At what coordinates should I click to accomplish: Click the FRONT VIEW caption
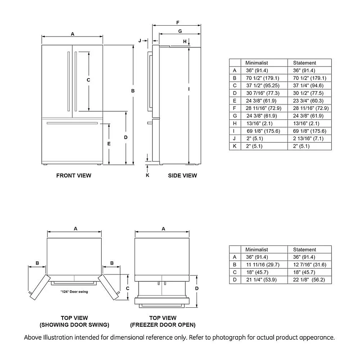(73, 175)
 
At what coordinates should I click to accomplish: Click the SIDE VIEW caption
(182, 175)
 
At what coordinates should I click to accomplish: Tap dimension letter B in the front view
(133, 91)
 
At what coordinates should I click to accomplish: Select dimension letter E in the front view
(109, 144)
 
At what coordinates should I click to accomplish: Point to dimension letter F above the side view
(178, 22)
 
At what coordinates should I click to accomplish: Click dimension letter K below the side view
(147, 175)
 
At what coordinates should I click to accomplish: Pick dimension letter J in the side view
(140, 40)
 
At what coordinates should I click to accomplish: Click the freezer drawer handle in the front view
(72, 123)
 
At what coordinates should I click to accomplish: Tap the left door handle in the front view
(68, 81)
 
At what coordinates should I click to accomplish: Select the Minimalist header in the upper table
(256, 63)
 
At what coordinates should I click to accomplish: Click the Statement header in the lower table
(305, 249)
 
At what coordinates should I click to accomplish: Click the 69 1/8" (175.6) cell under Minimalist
(262, 131)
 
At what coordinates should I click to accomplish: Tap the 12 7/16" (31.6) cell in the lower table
(310, 265)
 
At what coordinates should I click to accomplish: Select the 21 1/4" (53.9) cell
(261, 280)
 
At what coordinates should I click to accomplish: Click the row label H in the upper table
(234, 123)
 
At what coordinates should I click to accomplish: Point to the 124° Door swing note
(74, 292)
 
